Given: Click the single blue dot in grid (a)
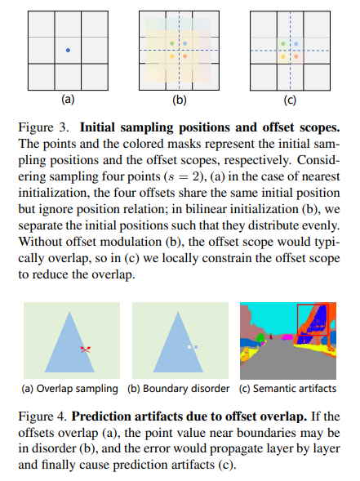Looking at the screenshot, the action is tap(68, 51).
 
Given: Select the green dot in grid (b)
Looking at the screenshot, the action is tap(172, 42).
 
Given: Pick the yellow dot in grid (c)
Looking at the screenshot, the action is tap(282, 57).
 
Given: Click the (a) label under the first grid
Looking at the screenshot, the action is tap(69, 101).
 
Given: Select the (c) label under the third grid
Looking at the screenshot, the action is tap(290, 101).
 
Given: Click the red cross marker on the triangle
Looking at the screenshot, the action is tap(86, 349).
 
